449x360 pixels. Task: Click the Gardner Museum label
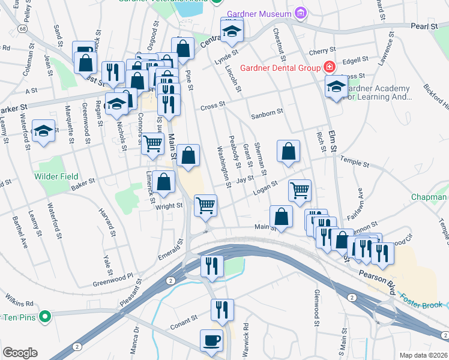tap(259, 13)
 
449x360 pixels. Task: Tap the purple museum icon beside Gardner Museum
tap(300, 13)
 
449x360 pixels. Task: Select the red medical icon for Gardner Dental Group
tap(329, 67)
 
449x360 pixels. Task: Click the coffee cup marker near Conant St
tap(211, 340)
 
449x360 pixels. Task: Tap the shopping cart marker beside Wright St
tap(206, 205)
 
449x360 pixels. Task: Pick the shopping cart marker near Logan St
tap(300, 190)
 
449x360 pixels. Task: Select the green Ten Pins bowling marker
tap(44, 316)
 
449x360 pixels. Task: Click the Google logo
tap(20, 352)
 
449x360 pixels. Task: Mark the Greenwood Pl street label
tap(113, 280)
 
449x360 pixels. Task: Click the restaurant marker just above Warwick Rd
tap(222, 310)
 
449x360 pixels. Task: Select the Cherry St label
tap(320, 52)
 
